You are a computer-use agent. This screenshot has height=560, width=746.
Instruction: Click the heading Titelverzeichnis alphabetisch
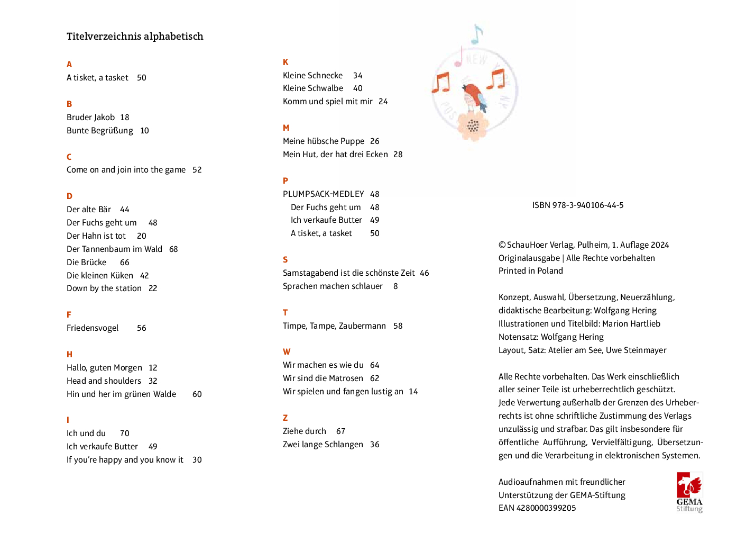(x=135, y=37)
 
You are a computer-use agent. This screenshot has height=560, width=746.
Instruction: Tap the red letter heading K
(x=285, y=62)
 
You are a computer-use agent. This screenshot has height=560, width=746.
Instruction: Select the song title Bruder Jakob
(x=90, y=118)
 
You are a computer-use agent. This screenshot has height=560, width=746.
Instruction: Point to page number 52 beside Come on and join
(x=197, y=170)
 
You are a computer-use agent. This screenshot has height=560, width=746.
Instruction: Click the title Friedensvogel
(x=93, y=328)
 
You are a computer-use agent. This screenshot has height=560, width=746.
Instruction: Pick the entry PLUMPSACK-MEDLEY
(x=323, y=194)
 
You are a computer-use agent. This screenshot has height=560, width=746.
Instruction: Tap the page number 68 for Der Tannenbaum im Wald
(x=173, y=249)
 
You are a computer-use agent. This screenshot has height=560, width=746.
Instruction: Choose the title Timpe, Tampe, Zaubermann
(x=334, y=326)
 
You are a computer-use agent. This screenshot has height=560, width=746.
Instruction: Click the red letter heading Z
(x=285, y=418)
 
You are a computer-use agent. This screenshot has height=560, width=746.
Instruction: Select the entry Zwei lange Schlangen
(x=323, y=445)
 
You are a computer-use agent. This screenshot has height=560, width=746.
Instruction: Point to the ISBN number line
(x=578, y=205)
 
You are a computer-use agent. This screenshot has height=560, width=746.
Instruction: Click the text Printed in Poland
(x=530, y=271)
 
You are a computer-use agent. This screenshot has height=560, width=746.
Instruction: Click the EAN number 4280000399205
(x=546, y=508)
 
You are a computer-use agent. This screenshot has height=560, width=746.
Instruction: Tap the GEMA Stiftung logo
(x=689, y=492)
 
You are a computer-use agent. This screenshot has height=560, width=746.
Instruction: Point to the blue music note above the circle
(x=476, y=35)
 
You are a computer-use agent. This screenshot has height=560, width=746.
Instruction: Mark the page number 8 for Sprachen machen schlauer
(x=395, y=286)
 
